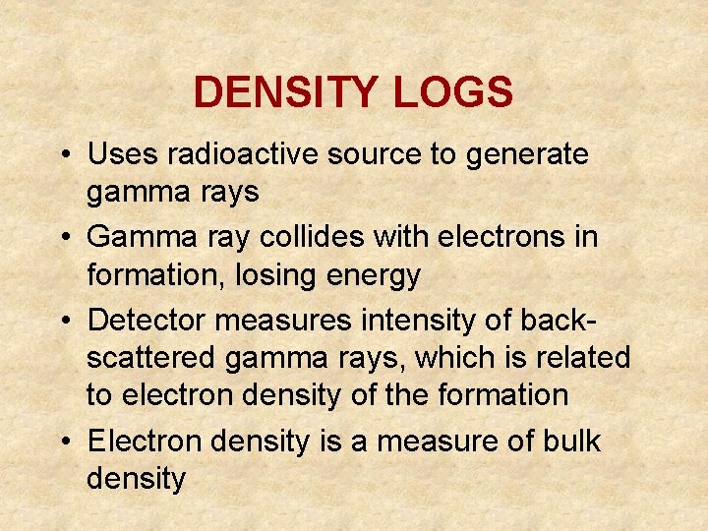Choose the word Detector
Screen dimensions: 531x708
(x=147, y=320)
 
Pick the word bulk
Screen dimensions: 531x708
(x=571, y=441)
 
